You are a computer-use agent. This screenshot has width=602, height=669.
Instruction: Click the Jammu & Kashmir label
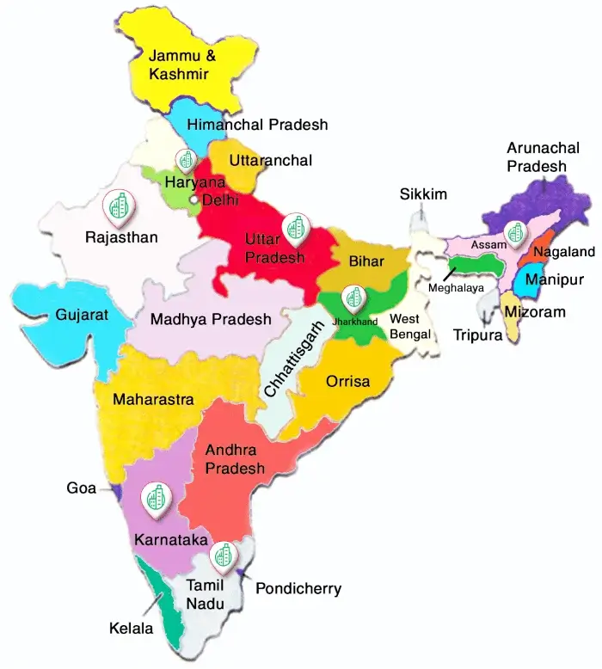pyautogui.click(x=179, y=64)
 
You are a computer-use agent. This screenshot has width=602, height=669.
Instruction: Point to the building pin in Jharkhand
pyautogui.click(x=353, y=298)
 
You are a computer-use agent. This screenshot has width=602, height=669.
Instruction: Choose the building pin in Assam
pyautogui.click(x=514, y=232)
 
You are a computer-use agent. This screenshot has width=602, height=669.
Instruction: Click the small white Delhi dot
pyautogui.click(x=194, y=200)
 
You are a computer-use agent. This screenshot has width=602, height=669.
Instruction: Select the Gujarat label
pyautogui.click(x=83, y=316)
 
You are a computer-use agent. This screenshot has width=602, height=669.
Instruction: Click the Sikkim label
pyautogui.click(x=423, y=194)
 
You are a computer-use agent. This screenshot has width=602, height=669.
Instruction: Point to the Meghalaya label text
pyautogui.click(x=456, y=287)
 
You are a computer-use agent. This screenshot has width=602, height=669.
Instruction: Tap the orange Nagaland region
pyautogui.click(x=542, y=253)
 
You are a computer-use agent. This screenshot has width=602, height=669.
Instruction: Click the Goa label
pyautogui.click(x=82, y=488)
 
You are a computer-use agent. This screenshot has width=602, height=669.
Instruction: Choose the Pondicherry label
pyautogui.click(x=298, y=589)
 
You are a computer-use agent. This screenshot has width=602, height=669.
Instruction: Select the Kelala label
pyautogui.click(x=131, y=629)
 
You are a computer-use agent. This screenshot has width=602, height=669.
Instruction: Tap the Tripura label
pyautogui.click(x=479, y=335)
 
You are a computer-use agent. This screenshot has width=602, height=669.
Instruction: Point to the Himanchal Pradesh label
pyautogui.click(x=258, y=125)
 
